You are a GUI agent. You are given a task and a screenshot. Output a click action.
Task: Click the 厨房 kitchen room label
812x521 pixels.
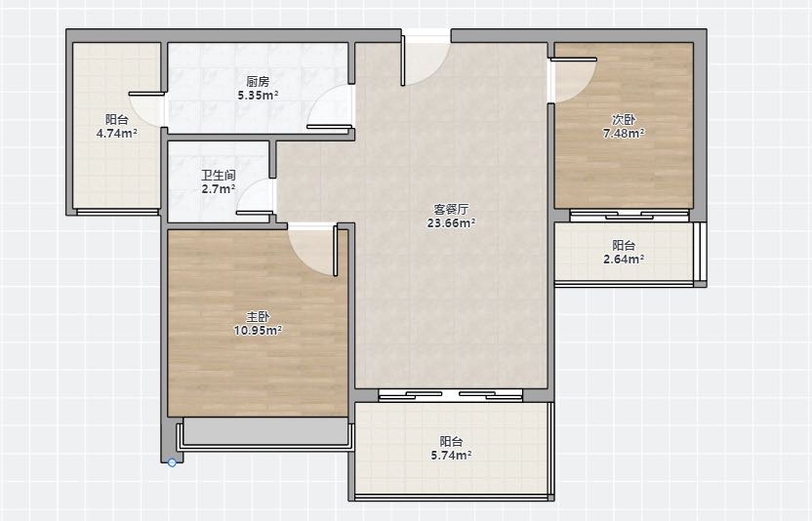[x=258, y=81]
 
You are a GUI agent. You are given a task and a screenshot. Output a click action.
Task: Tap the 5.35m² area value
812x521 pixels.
[x=258, y=96]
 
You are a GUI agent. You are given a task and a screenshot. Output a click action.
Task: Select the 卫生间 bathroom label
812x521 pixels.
[x=218, y=175]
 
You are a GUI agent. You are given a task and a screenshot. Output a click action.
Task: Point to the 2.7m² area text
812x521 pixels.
[x=218, y=189]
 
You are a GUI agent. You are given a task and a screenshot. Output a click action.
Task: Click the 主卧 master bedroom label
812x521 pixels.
[x=258, y=316]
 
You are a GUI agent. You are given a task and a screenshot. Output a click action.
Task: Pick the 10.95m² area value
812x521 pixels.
[x=258, y=331]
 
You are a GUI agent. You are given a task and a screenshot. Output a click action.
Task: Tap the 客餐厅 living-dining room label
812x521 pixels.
[x=451, y=209]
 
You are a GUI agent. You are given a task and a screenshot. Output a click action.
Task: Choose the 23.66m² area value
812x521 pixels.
[x=451, y=223]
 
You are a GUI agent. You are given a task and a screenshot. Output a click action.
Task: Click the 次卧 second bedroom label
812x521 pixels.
[x=624, y=120]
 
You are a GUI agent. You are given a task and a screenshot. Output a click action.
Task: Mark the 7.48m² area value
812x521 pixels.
[x=624, y=134]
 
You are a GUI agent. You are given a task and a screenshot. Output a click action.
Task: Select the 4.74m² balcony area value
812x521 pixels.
[x=116, y=134]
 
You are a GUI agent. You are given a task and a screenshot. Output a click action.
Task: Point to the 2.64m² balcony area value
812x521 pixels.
[x=624, y=259]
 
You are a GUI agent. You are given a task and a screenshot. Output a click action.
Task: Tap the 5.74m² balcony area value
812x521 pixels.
[x=451, y=456]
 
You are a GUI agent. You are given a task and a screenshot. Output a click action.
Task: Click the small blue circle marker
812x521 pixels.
[x=172, y=462]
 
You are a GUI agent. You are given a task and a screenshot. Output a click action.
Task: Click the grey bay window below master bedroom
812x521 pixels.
[x=265, y=431]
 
